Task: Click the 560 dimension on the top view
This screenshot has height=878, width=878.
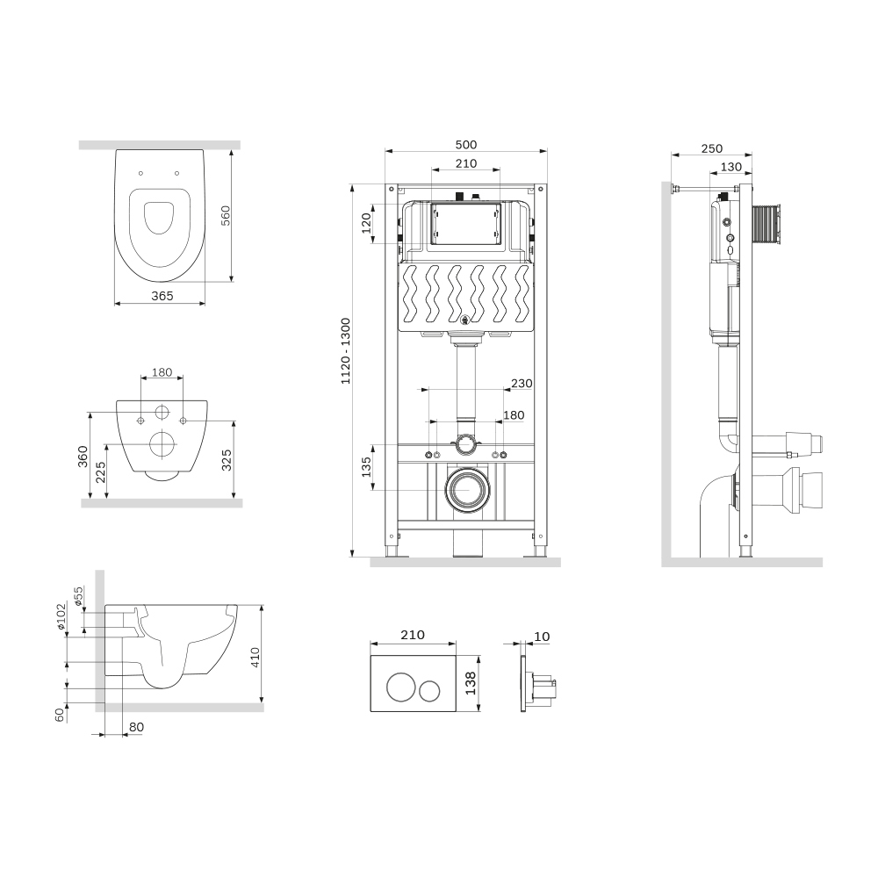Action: click(226, 216)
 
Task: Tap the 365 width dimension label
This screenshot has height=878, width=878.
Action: click(162, 296)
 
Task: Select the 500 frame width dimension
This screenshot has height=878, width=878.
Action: click(466, 145)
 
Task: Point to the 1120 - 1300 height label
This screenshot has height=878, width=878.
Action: click(345, 351)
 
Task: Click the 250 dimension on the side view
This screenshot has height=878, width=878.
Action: click(712, 148)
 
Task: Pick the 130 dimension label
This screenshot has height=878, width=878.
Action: click(730, 167)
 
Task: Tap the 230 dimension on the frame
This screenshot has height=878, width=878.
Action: click(522, 384)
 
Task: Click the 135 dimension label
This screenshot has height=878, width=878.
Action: click(366, 467)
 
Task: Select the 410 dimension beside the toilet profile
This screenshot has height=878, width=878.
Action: click(255, 658)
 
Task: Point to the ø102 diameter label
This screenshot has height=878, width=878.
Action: click(61, 616)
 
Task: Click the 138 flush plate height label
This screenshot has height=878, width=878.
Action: click(471, 683)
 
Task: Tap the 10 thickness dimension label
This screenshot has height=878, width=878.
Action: click(542, 637)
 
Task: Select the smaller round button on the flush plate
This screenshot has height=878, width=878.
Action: click(430, 690)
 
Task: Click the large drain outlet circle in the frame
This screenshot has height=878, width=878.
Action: click(468, 490)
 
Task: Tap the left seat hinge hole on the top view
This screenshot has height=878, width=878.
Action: click(141, 173)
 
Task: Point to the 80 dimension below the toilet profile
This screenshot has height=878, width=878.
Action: click(137, 727)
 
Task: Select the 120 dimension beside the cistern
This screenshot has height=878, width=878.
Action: click(366, 223)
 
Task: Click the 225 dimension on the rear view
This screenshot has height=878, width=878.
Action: click(100, 472)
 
